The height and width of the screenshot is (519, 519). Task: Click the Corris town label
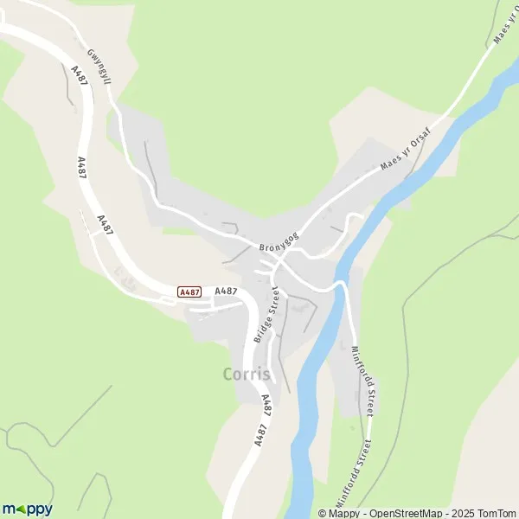(247, 375)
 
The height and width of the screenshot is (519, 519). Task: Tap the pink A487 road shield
(189, 292)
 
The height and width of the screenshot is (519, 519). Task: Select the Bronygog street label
(279, 241)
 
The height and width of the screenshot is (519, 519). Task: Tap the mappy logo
(27, 509)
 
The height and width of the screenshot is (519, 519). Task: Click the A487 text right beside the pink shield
(226, 292)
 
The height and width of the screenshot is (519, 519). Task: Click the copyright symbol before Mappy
(323, 513)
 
